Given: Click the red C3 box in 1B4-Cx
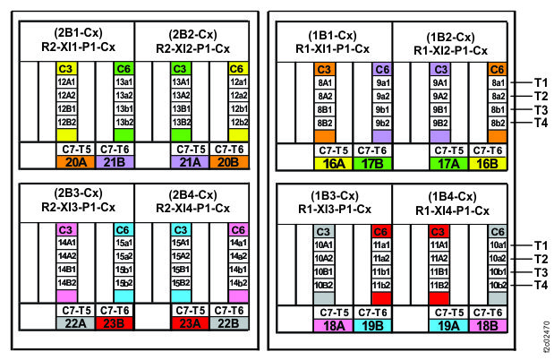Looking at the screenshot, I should (x=439, y=230).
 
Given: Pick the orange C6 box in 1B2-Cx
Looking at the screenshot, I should (x=499, y=68).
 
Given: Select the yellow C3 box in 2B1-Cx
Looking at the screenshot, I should (x=65, y=68).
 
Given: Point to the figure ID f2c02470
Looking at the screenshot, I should (x=545, y=334).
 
